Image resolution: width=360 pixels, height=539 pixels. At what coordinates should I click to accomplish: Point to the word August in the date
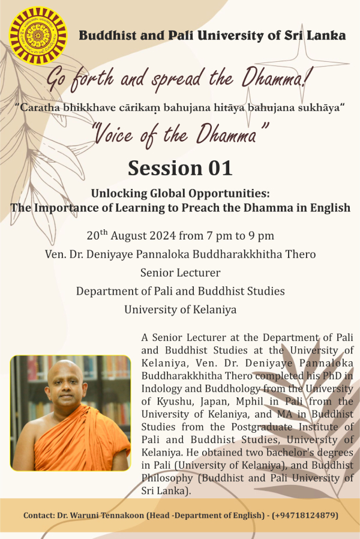coord(126,236)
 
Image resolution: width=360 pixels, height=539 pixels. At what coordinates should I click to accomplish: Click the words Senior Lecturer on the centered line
coord(181,273)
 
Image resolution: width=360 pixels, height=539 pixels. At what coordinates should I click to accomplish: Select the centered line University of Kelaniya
coord(181,309)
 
